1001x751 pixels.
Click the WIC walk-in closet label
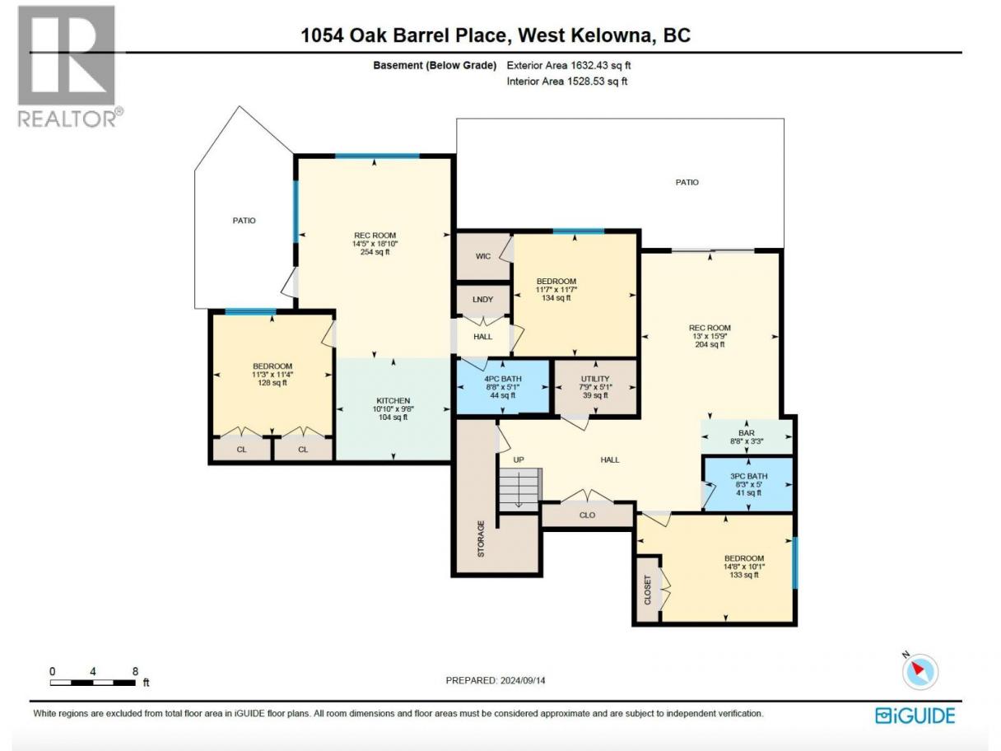(x=483, y=256)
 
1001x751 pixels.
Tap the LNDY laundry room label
(x=482, y=300)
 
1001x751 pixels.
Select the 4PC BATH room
(x=502, y=387)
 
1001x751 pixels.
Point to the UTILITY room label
(x=595, y=379)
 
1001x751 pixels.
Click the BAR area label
(x=747, y=432)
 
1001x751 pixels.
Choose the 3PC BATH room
(x=749, y=484)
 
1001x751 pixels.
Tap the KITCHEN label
(x=393, y=401)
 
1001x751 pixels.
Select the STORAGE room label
(x=481, y=539)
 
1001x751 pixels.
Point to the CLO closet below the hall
(x=587, y=515)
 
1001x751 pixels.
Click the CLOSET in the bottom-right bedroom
(x=648, y=590)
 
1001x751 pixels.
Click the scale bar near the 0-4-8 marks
(x=92, y=683)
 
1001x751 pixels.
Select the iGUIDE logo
(x=915, y=716)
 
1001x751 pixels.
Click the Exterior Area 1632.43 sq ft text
(x=569, y=65)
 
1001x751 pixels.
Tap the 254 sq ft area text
(x=375, y=252)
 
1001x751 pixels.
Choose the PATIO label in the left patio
(x=244, y=221)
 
